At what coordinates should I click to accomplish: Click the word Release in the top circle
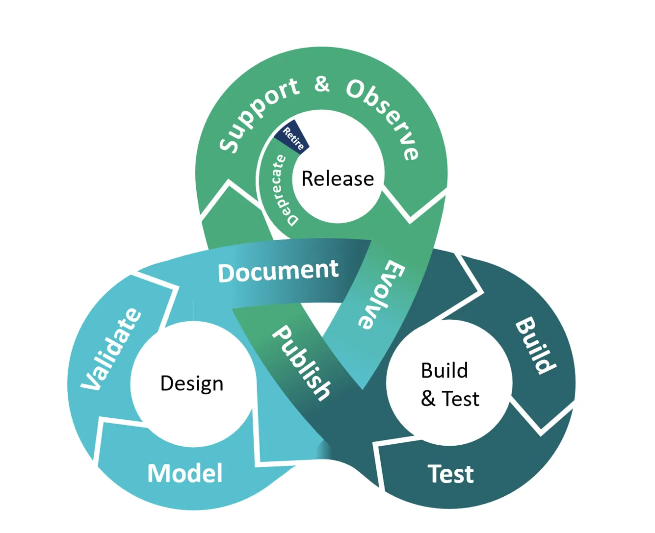[338, 178]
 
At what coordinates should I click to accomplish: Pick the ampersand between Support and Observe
[322, 84]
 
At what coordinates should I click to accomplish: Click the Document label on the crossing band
[278, 271]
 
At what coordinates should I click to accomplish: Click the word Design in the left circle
[192, 383]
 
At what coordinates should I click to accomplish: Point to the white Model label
[185, 474]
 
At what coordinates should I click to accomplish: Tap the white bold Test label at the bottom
[450, 474]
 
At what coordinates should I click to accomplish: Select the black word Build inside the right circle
[445, 371]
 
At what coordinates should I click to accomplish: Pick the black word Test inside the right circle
[460, 399]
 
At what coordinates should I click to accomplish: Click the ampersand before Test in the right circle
[428, 399]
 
